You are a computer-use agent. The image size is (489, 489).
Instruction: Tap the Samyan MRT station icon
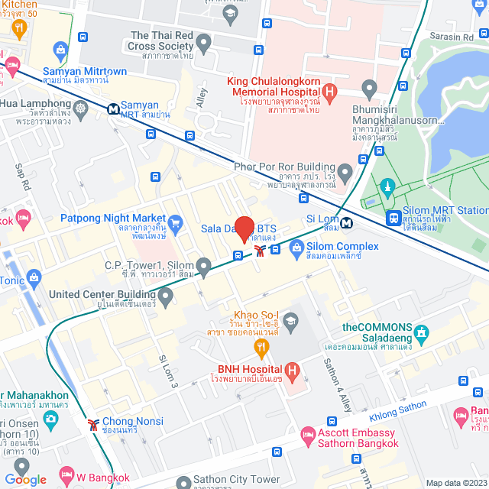click(x=113, y=108)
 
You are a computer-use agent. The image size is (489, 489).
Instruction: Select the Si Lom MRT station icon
click(x=348, y=224)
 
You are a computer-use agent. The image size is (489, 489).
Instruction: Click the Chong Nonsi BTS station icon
click(x=93, y=422)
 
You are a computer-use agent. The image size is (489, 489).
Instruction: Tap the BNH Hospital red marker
click(x=290, y=369)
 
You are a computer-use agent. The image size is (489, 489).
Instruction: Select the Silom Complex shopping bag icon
click(x=296, y=248)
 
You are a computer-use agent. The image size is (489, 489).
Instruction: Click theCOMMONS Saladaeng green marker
click(x=423, y=332)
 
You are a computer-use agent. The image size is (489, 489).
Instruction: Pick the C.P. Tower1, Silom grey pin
click(x=203, y=267)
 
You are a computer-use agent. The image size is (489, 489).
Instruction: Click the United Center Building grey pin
click(x=166, y=295)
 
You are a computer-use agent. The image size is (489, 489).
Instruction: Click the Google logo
click(x=25, y=479)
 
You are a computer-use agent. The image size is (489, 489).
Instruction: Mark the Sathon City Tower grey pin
click(x=183, y=482)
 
